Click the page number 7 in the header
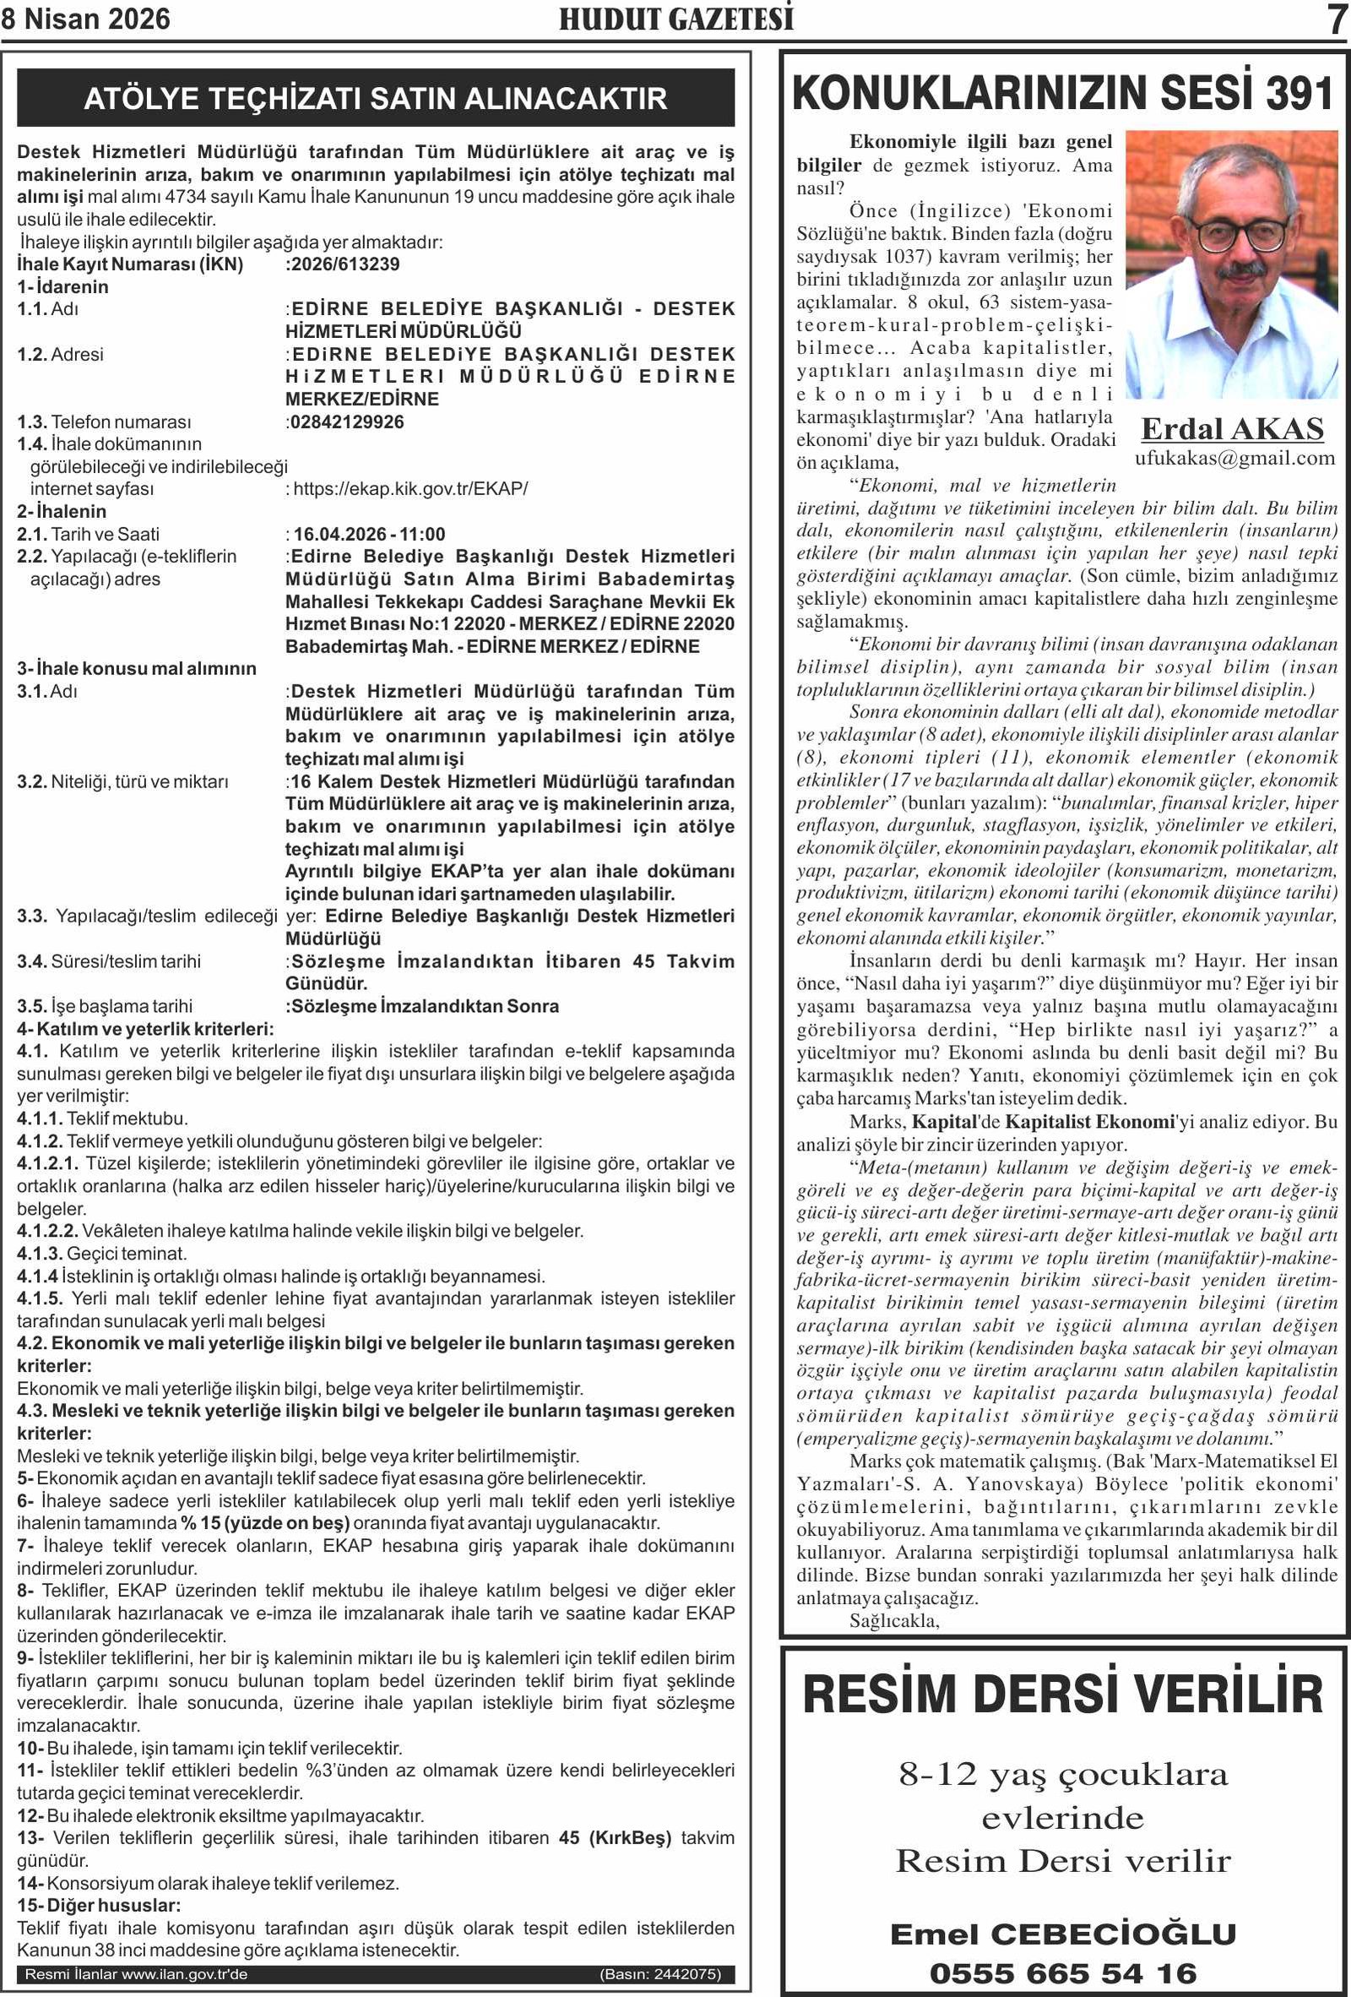point(1337,19)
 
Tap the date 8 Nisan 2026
point(86,19)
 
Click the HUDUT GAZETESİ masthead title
point(676,19)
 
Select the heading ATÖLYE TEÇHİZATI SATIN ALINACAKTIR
point(376,98)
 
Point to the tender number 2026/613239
point(345,264)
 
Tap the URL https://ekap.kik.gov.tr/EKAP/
point(410,489)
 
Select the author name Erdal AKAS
point(1233,428)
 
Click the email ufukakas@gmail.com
point(1234,458)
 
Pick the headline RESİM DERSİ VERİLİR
point(1062,1692)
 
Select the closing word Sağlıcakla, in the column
point(894,1621)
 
